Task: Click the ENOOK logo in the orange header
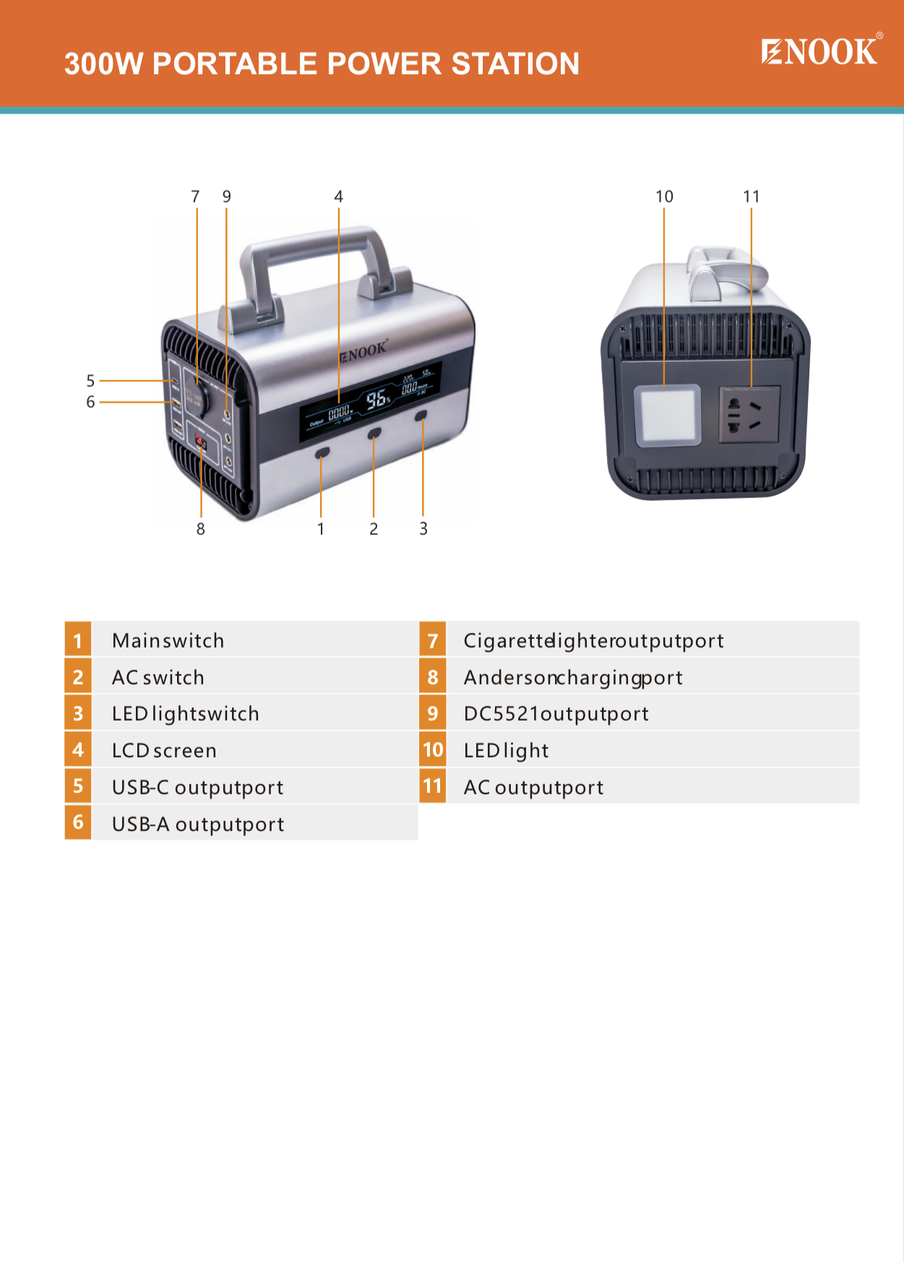[x=820, y=51]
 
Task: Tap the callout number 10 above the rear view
[x=664, y=197]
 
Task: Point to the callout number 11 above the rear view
[x=752, y=197]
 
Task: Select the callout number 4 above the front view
[x=338, y=197]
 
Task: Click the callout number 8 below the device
[x=201, y=529]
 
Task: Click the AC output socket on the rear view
[x=749, y=415]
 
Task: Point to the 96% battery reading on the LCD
[x=376, y=399]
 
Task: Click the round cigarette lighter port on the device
[x=197, y=396]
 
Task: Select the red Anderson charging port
[x=201, y=442]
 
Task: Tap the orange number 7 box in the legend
[x=433, y=640]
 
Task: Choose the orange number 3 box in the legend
[x=78, y=713]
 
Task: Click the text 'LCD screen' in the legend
[x=164, y=750]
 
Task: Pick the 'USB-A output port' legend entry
[x=198, y=824]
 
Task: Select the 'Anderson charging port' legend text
[x=573, y=677]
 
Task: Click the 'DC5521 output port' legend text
[x=556, y=713]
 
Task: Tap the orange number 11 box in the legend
[x=433, y=786]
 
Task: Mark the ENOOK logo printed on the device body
[x=364, y=352]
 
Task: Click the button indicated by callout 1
[x=322, y=452]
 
